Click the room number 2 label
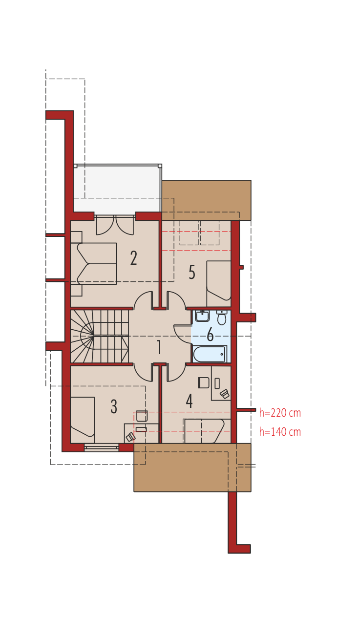[x=133, y=258]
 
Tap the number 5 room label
[x=192, y=272]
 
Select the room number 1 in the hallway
[x=159, y=347]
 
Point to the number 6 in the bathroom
[x=210, y=335]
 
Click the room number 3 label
[x=114, y=406]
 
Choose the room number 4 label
[x=189, y=401]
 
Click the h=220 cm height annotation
[x=280, y=413]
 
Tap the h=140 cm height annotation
[x=280, y=432]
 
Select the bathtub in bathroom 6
[x=210, y=354]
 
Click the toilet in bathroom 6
[x=221, y=317]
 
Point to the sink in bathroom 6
[x=202, y=316]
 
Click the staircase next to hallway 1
[x=99, y=336]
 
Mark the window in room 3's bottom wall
[x=102, y=447]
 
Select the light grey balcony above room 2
[x=117, y=189]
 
